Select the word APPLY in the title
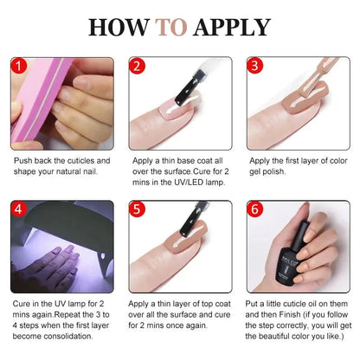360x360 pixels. point(232,27)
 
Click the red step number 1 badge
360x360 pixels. point(20,66)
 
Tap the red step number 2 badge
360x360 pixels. point(137,66)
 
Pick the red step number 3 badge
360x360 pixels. point(254,66)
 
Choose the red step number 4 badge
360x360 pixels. point(20,209)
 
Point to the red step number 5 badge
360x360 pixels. point(137,209)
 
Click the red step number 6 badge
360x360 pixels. point(254,209)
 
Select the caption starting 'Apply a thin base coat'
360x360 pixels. point(179,171)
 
